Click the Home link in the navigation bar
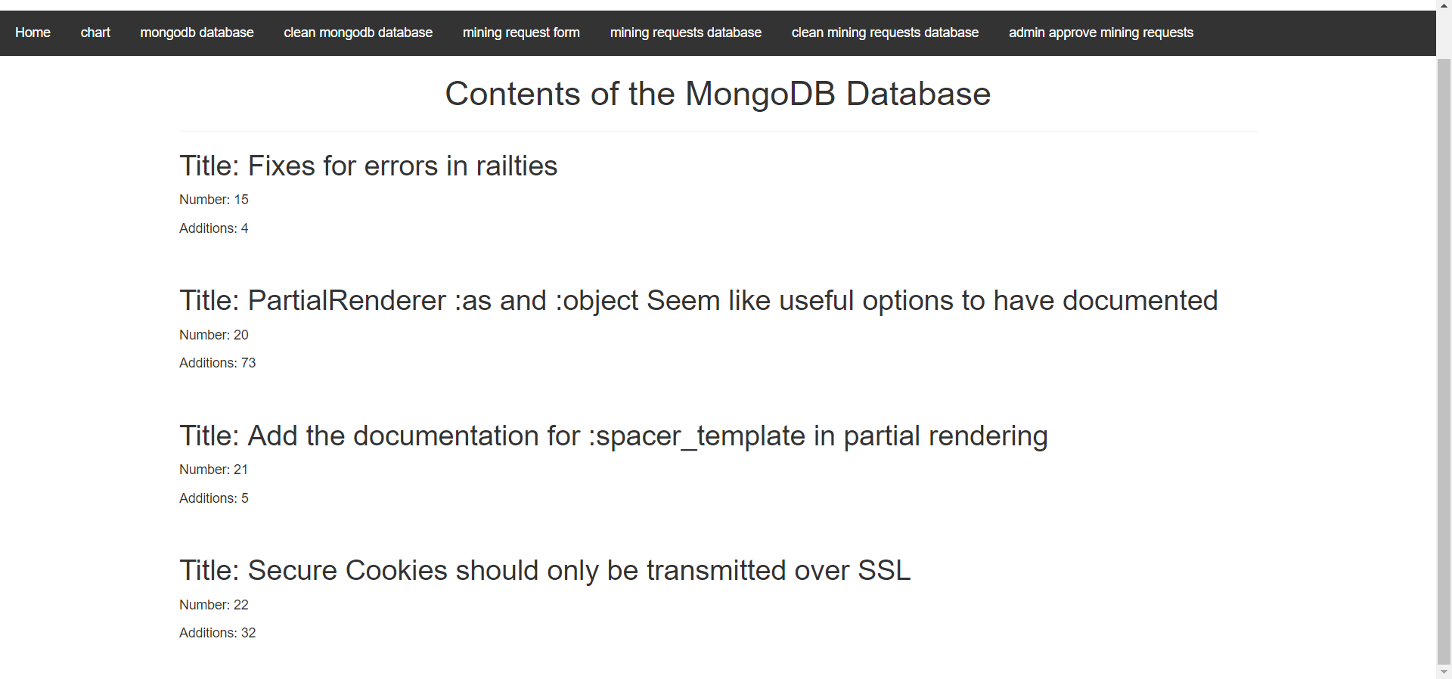(33, 33)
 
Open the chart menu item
(95, 33)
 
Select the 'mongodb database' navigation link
(197, 33)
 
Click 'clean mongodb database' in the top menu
(358, 33)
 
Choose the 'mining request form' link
(521, 33)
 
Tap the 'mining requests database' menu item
(686, 33)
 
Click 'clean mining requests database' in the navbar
(885, 33)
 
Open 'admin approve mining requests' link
(1101, 33)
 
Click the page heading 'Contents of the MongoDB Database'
(718, 94)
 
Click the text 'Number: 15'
(214, 200)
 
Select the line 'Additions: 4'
(213, 228)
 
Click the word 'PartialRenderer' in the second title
(347, 300)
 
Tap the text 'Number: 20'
(214, 335)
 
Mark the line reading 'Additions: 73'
(218, 363)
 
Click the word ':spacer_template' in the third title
(697, 436)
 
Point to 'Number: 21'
(213, 470)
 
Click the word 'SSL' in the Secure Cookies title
(884, 570)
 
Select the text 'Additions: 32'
(218, 633)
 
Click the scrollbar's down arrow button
(1444, 671)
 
